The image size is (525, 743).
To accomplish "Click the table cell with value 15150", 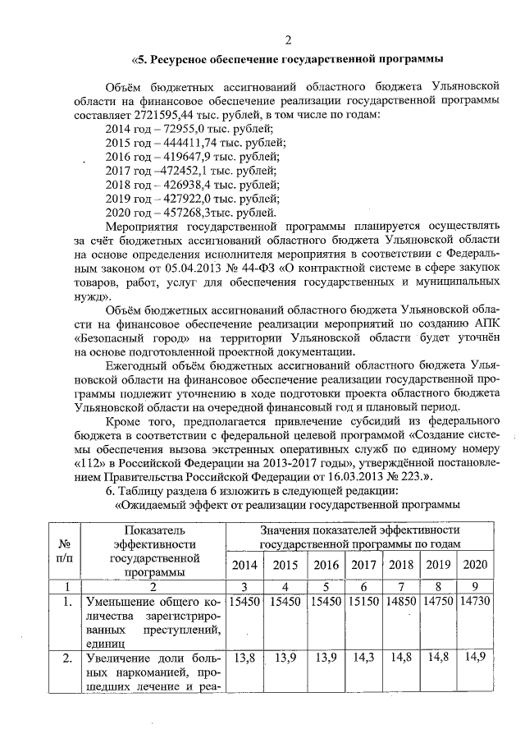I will [x=363, y=603].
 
